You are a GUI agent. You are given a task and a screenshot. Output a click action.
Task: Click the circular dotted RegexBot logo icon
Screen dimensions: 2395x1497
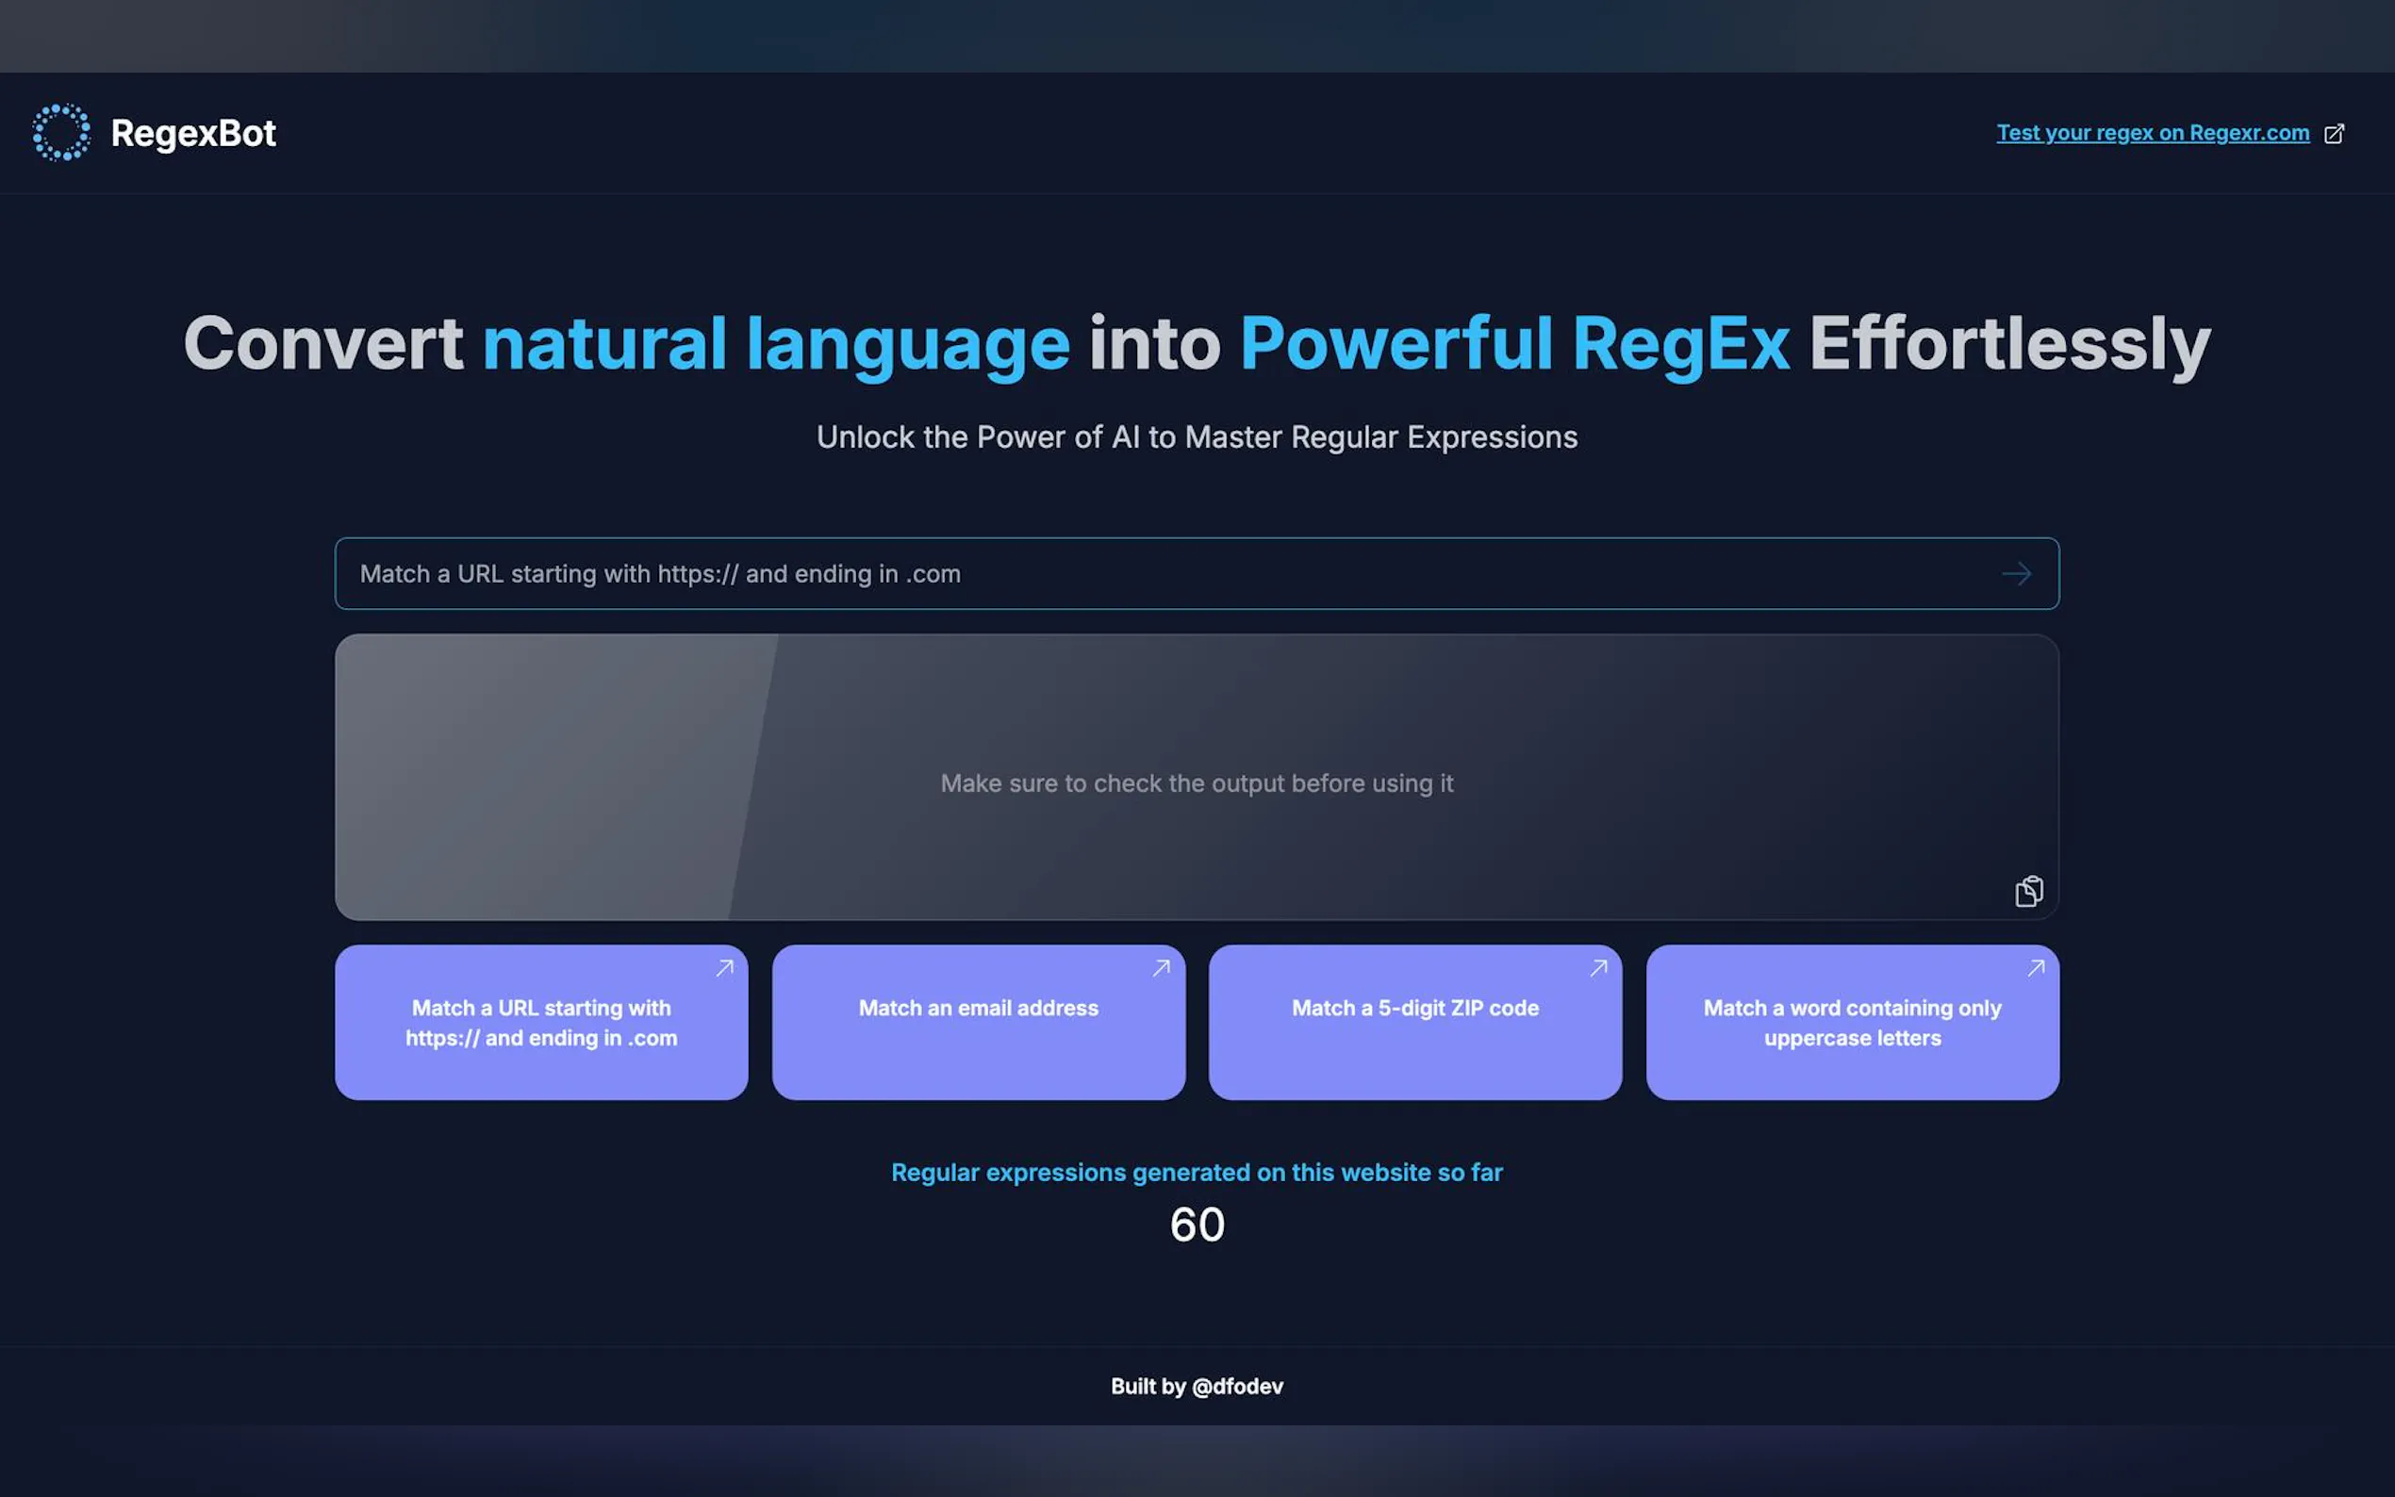pos(61,133)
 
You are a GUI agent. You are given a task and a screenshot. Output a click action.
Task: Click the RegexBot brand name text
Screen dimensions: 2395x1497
pos(193,134)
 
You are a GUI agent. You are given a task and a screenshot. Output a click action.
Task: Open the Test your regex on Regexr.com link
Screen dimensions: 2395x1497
pos(2153,133)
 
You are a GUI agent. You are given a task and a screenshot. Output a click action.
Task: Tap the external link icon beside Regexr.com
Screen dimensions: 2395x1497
pos(2334,134)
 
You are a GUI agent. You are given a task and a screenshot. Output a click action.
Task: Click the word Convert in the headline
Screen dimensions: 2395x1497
pos(322,343)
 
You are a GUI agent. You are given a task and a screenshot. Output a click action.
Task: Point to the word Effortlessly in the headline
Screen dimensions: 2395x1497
pos(2010,344)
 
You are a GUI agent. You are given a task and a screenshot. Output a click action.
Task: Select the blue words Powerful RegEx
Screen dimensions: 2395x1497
pos(1513,344)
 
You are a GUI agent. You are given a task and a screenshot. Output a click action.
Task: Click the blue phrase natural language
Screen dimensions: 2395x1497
pos(775,344)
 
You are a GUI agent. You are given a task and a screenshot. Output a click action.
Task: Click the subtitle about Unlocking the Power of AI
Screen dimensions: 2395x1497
pos(1197,437)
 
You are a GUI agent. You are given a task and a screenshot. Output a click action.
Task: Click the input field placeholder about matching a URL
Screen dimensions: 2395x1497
pos(660,574)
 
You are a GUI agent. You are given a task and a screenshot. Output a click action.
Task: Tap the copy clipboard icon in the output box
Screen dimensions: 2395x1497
pos(2028,891)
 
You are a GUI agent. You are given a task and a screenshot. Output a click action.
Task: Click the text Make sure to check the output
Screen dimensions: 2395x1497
pos(1197,783)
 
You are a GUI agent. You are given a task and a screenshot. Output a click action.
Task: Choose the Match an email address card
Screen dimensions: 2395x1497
pos(978,1022)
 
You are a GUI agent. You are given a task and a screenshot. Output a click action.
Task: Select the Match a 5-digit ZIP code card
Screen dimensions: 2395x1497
pos(1414,1022)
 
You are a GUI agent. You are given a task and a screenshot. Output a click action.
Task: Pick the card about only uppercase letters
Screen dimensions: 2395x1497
pos(1853,1022)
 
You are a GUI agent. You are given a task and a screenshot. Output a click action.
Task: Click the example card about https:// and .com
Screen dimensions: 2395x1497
pos(540,1022)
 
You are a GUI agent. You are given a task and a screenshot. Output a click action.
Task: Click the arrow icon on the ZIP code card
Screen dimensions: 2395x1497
pos(1598,968)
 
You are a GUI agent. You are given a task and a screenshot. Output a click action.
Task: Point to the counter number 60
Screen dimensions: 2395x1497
pos(1197,1225)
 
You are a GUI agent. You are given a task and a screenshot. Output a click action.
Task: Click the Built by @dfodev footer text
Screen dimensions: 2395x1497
pos(1197,1386)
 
